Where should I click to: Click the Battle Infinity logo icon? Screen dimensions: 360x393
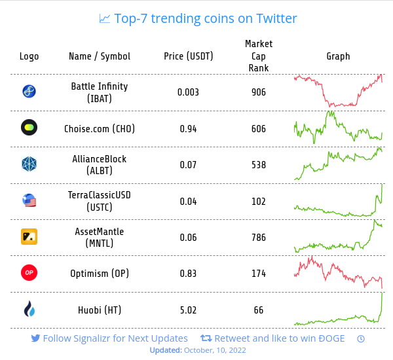coord(29,92)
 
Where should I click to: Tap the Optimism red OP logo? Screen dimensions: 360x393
coord(29,273)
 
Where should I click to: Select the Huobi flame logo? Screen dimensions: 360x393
coord(29,309)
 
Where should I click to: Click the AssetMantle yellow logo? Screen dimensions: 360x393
coord(29,237)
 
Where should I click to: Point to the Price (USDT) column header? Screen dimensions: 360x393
coord(189,56)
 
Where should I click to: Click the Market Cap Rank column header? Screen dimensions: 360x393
coord(259,56)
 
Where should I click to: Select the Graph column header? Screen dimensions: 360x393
coord(338,56)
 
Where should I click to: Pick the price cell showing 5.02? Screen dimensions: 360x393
coord(189,310)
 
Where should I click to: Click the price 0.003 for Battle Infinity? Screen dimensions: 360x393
coord(189,92)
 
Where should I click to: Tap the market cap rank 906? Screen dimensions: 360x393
coord(259,92)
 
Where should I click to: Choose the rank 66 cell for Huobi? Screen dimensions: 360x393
coord(259,310)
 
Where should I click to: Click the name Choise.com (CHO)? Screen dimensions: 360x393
coord(100,128)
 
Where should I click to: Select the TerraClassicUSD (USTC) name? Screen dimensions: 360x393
coord(100,201)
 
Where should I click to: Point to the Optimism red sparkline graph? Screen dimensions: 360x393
coord(338,272)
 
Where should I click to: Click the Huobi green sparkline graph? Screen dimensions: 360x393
coord(338,311)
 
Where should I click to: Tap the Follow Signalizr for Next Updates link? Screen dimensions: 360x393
coord(110,338)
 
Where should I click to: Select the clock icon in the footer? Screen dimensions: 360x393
coord(361,338)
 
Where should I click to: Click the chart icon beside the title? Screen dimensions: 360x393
coord(105,18)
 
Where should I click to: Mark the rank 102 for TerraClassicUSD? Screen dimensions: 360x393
coord(259,201)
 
